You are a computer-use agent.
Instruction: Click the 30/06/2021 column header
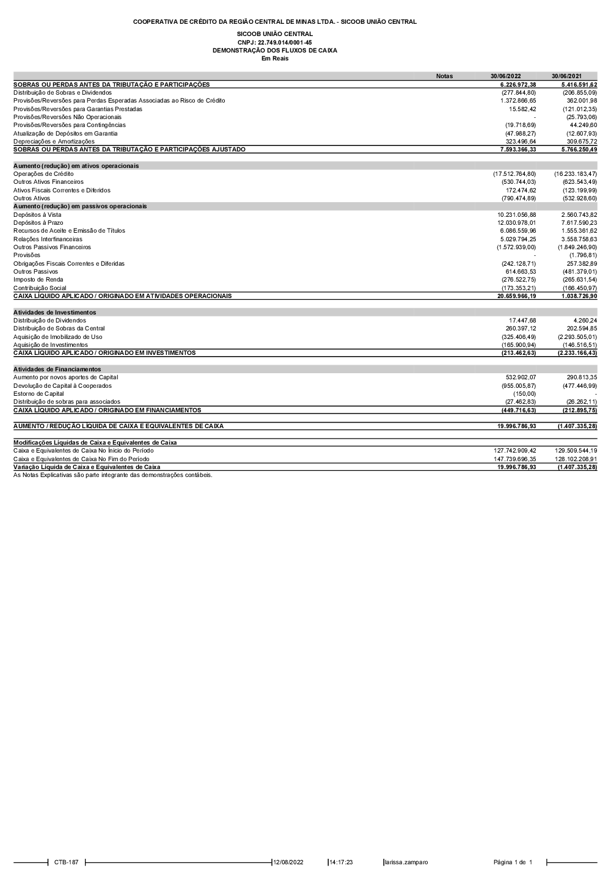tap(566, 76)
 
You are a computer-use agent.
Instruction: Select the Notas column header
tap(444, 76)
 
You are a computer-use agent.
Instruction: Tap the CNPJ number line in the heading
tap(274, 42)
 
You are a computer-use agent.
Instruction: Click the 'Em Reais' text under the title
tap(274, 59)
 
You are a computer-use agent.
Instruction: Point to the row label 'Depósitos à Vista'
tap(37, 215)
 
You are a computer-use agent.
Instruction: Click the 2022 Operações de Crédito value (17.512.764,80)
tap(514, 174)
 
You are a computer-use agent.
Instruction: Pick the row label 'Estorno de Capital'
tap(38, 394)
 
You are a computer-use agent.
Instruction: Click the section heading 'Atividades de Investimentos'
tap(54, 313)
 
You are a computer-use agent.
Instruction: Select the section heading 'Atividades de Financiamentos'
tap(57, 370)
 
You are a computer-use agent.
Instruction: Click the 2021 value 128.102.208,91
tap(576, 459)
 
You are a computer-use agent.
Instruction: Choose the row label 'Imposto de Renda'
tap(38, 280)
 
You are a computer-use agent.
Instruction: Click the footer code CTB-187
tap(66, 862)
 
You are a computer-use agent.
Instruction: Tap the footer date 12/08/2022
tap(288, 862)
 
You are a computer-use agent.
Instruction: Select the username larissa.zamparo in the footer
tap(406, 862)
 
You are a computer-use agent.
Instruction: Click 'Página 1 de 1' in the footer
tap(513, 862)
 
